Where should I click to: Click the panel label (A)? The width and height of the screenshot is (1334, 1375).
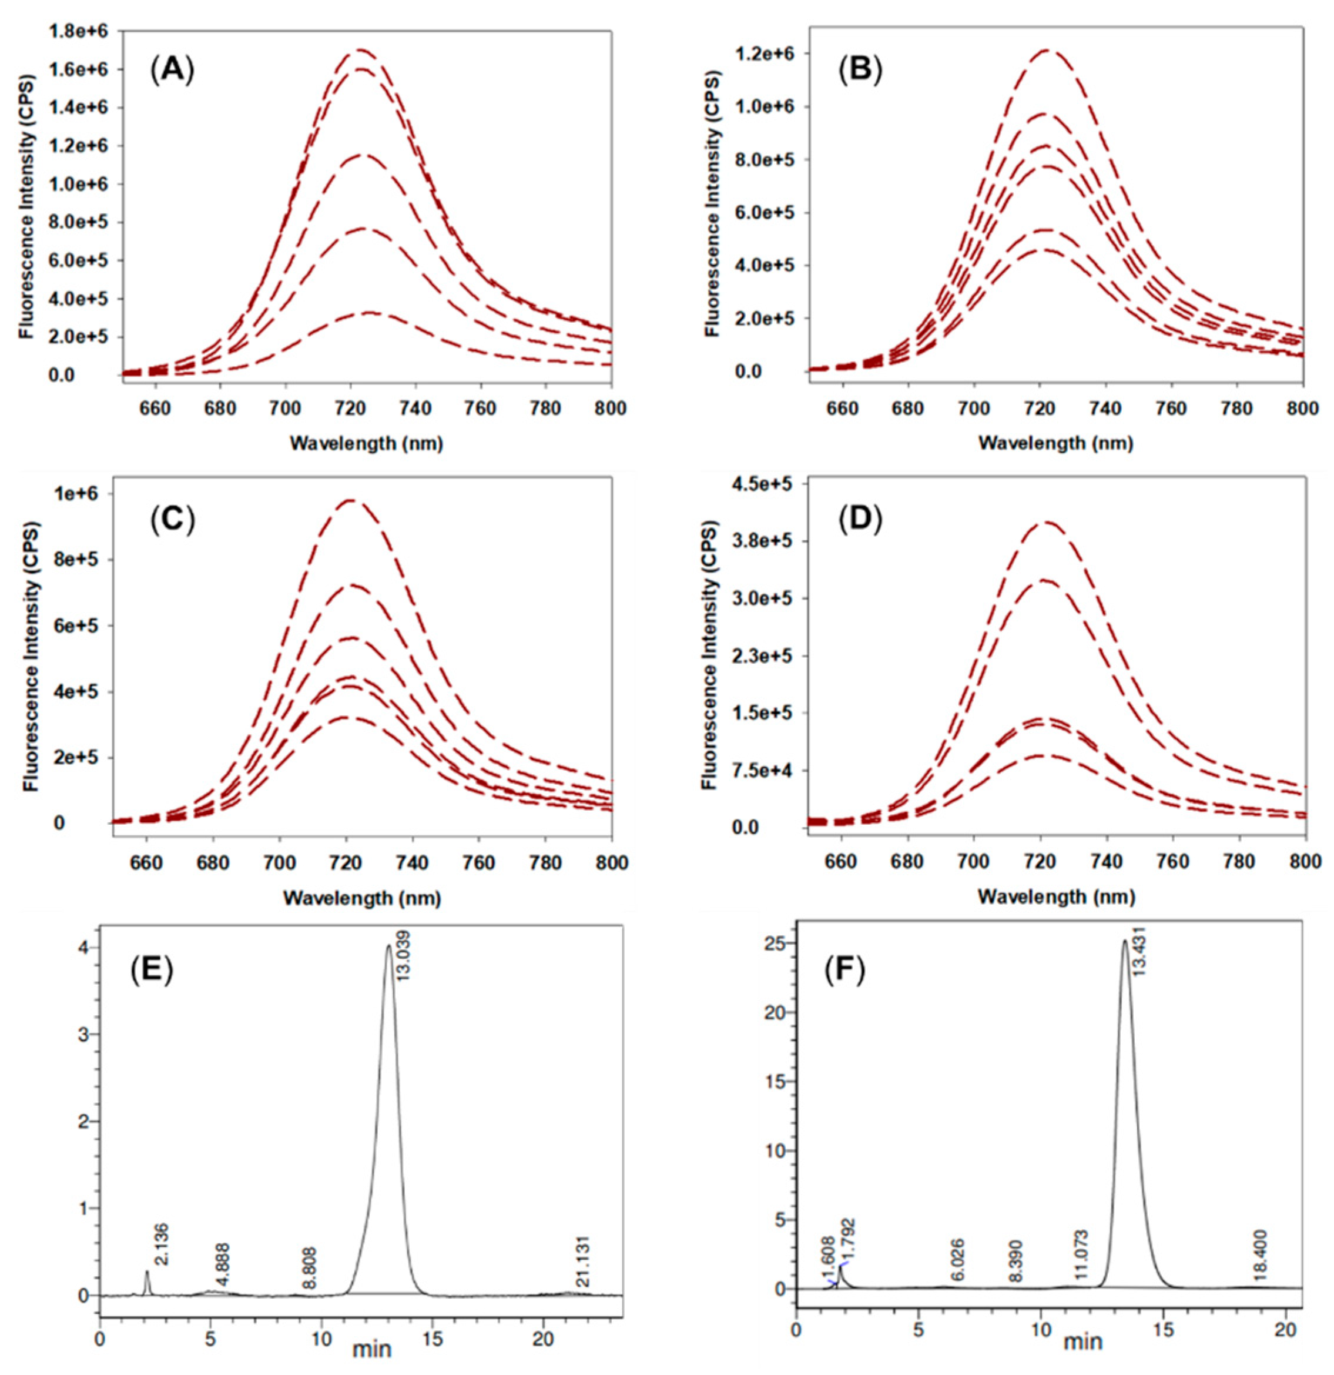click(x=171, y=72)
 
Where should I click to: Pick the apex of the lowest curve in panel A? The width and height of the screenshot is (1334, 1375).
click(x=370, y=312)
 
